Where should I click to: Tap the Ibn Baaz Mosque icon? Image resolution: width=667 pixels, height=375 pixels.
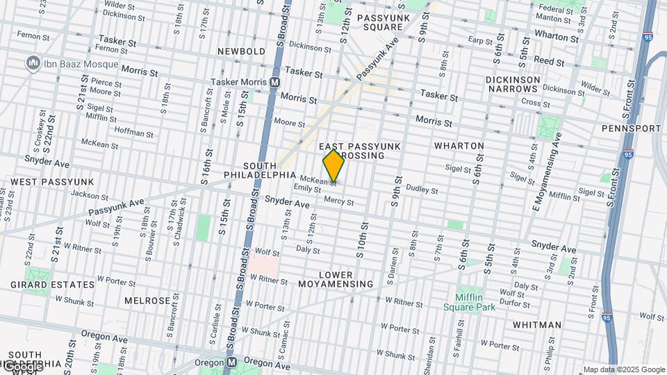32,65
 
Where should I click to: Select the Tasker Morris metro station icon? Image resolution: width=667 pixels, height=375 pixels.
275,82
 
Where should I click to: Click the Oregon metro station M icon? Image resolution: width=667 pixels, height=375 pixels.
231,363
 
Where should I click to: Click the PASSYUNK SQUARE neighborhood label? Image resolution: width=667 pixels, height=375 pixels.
380,22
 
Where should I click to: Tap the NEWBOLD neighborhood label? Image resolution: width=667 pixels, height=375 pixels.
241,52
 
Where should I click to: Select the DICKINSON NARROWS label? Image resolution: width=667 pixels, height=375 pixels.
513,85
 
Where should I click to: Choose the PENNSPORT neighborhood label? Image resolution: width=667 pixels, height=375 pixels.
631,129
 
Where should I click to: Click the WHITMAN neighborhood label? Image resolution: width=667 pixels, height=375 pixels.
537,325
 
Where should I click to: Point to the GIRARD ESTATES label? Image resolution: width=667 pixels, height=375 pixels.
53,285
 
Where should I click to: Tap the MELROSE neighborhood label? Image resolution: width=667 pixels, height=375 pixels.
147,301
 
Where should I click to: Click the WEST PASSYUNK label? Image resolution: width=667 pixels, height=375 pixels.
52,182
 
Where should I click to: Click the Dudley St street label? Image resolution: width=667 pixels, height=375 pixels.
422,189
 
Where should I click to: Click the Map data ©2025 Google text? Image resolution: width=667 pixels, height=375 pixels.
623,369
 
